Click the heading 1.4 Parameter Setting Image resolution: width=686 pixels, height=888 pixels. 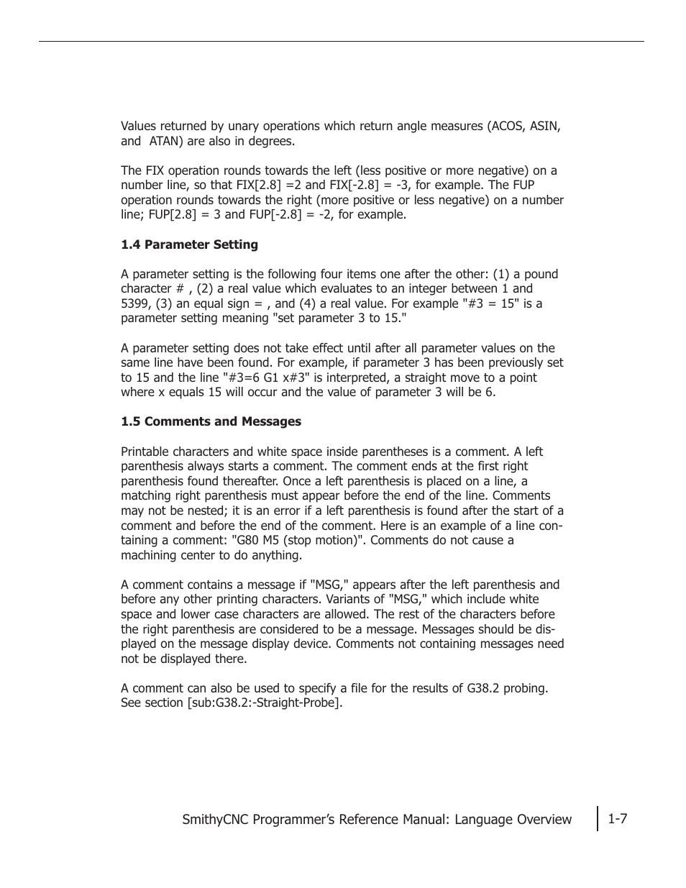pos(189,244)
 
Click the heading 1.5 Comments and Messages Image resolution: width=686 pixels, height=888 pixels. pos(211,421)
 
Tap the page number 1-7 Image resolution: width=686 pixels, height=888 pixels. pos(617,818)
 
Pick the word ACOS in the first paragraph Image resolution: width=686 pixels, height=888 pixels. pos(507,126)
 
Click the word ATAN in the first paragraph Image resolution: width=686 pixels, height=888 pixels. pos(167,141)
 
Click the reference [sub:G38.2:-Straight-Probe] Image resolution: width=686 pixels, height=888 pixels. pos(264,702)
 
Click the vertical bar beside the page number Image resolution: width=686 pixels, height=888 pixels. pos(598,818)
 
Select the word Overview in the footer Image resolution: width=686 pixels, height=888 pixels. pos(544,819)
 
